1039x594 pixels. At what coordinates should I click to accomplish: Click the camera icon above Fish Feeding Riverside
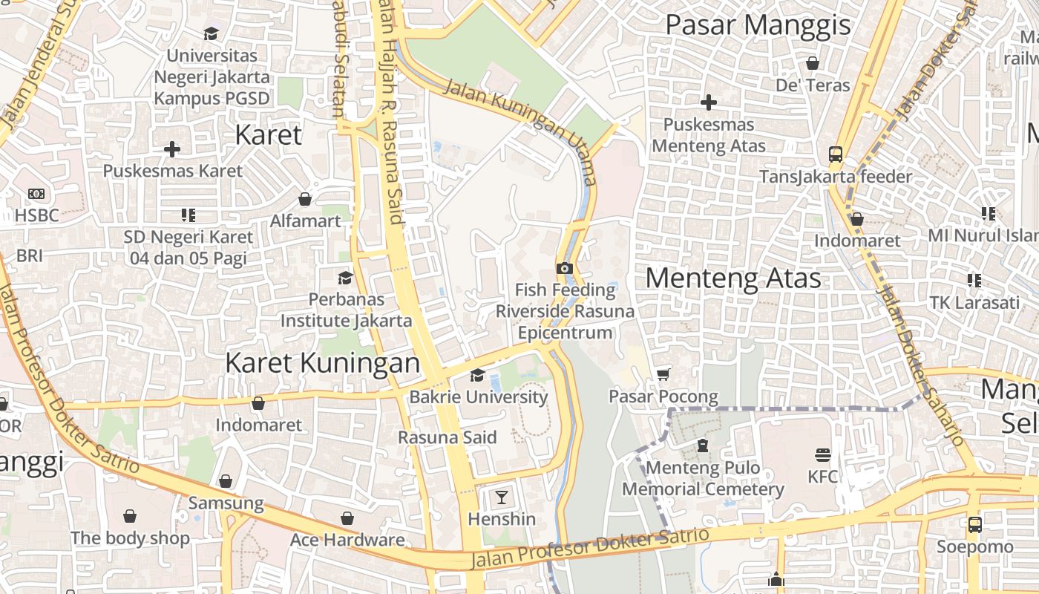coord(564,268)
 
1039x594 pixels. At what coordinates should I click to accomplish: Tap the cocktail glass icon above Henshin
coord(502,497)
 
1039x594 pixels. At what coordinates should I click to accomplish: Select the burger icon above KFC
coord(822,454)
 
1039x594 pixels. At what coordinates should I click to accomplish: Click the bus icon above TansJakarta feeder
coord(836,154)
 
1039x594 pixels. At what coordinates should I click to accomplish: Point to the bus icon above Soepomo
coord(974,524)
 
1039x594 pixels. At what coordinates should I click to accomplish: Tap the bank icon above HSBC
coord(36,194)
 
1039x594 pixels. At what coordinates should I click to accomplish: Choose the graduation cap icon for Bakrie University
coord(477,375)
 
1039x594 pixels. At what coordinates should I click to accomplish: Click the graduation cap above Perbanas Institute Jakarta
coord(345,278)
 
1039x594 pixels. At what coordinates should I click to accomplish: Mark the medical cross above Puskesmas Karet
coord(172,149)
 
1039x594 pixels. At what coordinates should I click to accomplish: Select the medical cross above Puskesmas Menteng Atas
coord(709,102)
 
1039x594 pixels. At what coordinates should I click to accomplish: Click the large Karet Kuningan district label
coord(322,363)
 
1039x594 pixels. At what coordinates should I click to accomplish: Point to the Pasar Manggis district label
coord(758,25)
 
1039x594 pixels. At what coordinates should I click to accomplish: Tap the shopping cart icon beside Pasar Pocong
coord(663,375)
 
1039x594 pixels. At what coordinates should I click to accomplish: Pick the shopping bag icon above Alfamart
coord(304,199)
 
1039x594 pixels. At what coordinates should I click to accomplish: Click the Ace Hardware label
coord(347,540)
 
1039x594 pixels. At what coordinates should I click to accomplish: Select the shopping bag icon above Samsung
coord(226,481)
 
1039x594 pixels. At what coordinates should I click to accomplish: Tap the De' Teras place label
coord(813,85)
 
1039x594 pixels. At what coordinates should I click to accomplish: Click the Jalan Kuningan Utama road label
coord(520,132)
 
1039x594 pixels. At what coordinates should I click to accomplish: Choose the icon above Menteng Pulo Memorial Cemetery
coord(702,446)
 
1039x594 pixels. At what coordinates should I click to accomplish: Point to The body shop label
coord(130,538)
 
